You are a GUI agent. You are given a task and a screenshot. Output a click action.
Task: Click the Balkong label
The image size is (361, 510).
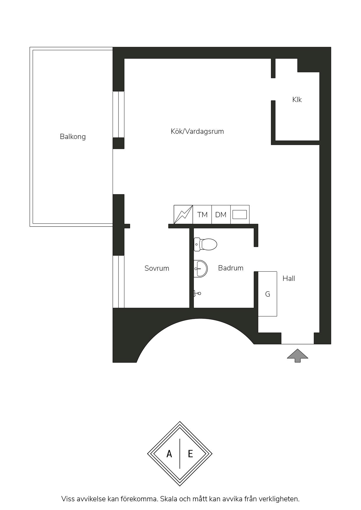click(x=73, y=137)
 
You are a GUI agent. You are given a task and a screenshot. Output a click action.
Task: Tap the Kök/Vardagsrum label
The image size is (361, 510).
click(x=197, y=131)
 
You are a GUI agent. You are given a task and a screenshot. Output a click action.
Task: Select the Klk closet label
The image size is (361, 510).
click(x=297, y=100)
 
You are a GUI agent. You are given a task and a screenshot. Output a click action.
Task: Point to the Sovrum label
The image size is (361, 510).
click(x=157, y=268)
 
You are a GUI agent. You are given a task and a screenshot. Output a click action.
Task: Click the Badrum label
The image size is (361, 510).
click(x=231, y=268)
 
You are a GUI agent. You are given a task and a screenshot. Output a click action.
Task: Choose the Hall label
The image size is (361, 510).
click(x=289, y=279)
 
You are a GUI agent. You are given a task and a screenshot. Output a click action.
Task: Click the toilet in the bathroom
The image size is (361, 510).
click(x=206, y=245)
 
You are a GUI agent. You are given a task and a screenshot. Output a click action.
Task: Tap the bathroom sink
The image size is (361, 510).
click(x=201, y=268)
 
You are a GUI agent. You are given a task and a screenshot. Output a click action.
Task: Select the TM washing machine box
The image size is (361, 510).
click(x=202, y=215)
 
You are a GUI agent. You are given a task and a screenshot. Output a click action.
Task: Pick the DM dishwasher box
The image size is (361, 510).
click(x=221, y=215)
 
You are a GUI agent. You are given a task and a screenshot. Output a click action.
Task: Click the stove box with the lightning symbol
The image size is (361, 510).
click(x=183, y=215)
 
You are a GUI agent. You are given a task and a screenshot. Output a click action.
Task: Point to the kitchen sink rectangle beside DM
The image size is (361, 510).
click(x=240, y=215)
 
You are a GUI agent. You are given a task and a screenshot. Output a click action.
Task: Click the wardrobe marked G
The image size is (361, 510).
click(x=268, y=294)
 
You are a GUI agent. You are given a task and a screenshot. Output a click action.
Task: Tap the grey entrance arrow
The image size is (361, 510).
click(x=298, y=356)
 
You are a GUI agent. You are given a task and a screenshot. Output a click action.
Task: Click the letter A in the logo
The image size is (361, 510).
click(x=169, y=454)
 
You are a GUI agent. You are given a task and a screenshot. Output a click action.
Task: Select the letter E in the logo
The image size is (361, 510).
click(x=190, y=454)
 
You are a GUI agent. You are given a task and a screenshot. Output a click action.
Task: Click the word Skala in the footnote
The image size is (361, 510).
click(x=169, y=499)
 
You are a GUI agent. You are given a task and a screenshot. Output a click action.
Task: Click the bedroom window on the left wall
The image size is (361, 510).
click(x=118, y=281)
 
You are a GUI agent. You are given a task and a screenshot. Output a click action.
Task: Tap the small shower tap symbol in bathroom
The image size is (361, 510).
click(x=197, y=293)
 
